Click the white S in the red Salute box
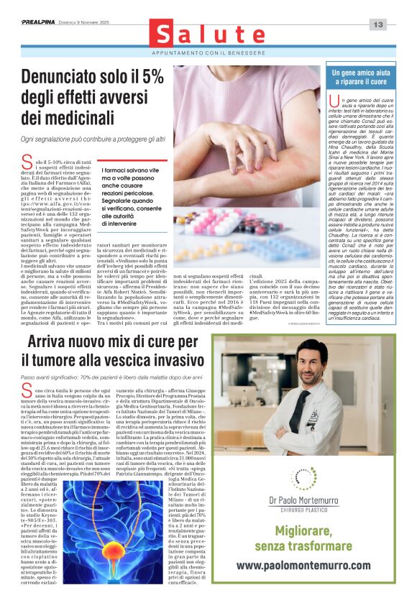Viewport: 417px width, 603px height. tap(164, 35)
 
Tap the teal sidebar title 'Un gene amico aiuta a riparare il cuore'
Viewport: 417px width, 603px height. tap(364, 78)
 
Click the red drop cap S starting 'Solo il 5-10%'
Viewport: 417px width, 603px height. tap(27, 163)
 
